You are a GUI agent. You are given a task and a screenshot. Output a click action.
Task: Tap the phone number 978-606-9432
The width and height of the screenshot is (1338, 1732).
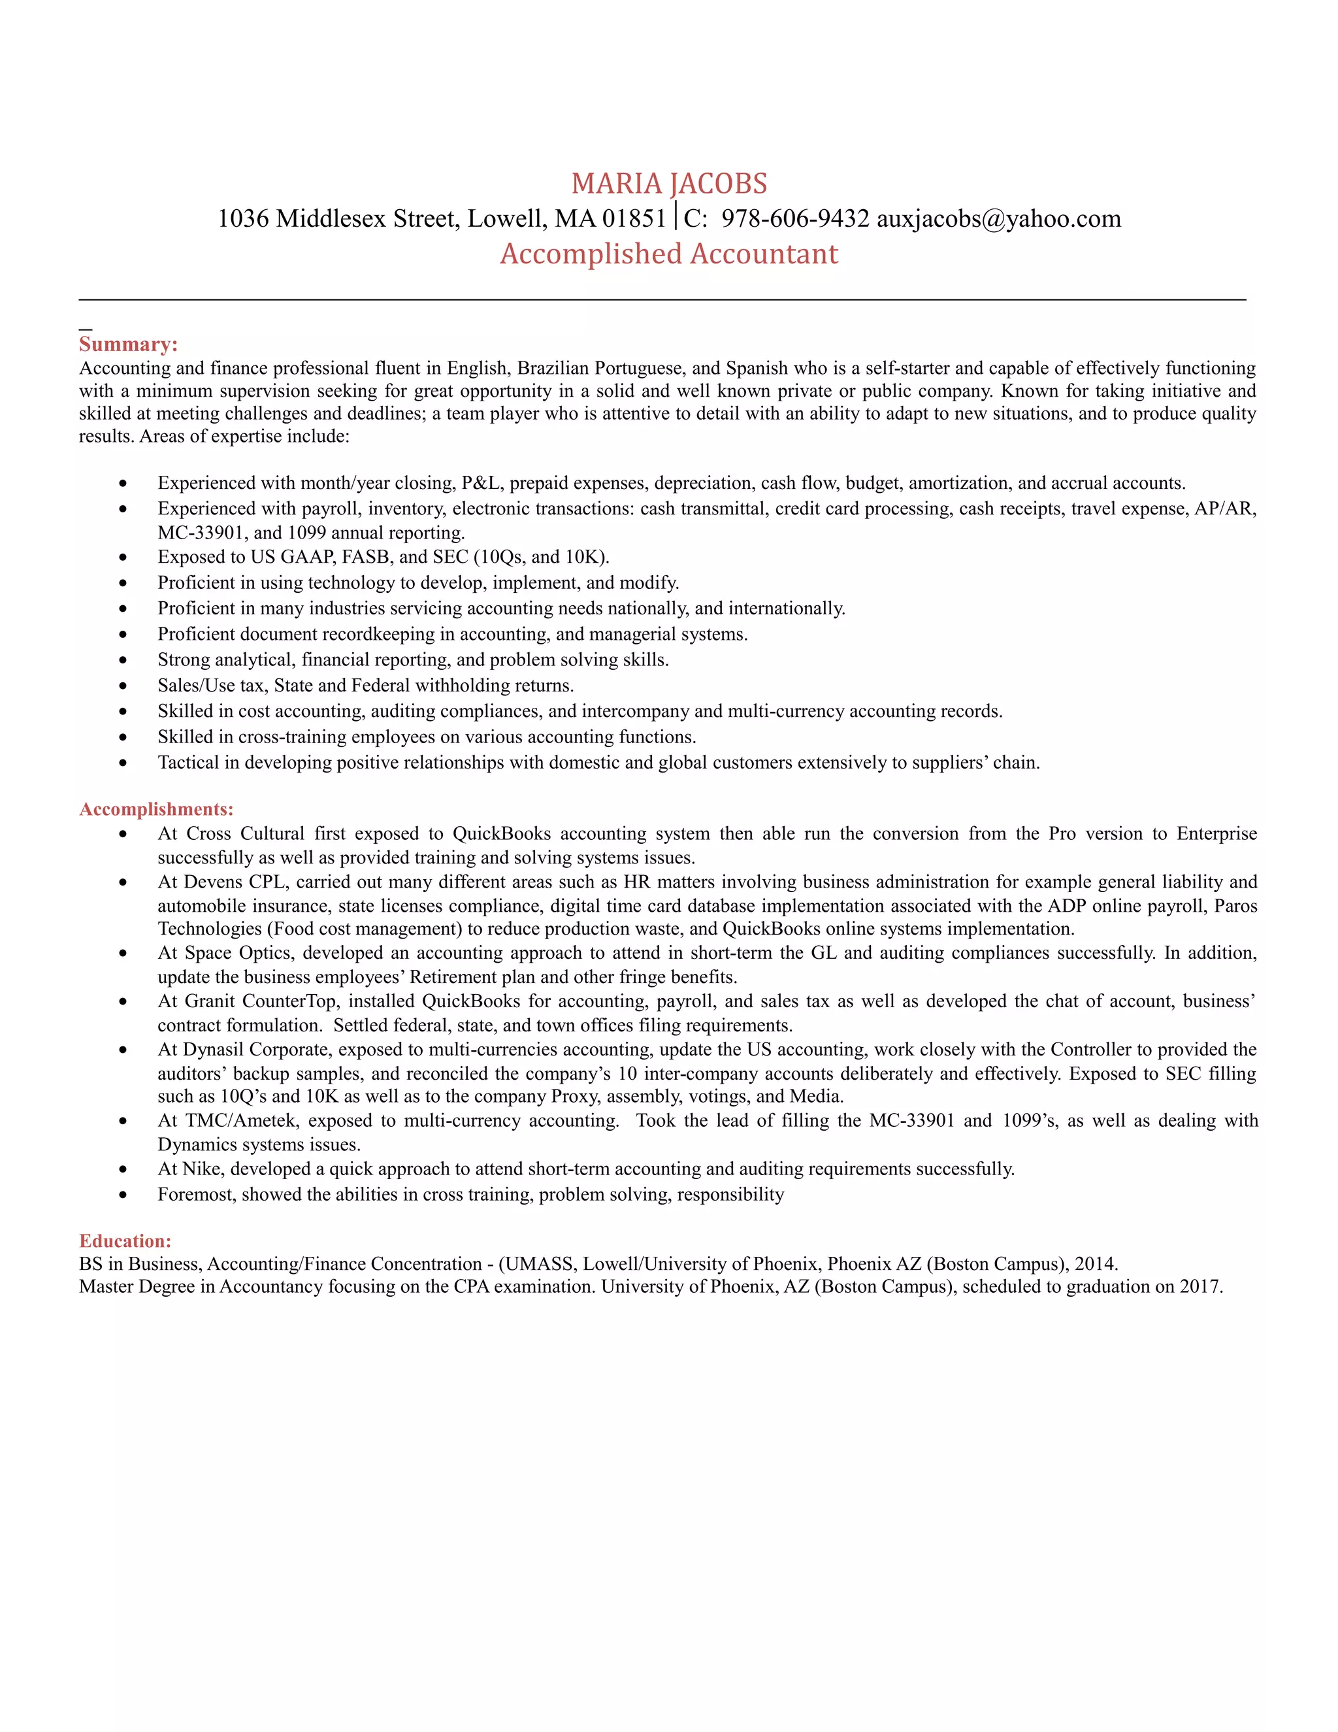pos(794,218)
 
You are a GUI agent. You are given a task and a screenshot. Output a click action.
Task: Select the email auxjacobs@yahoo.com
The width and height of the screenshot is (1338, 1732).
pos(998,218)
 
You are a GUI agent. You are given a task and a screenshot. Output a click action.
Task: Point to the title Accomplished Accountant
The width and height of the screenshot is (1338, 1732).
pos(669,254)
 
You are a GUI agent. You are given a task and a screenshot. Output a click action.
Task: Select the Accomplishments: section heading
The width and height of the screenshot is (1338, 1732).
pos(156,809)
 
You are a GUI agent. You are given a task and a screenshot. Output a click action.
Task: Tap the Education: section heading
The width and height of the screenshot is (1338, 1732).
pos(125,1241)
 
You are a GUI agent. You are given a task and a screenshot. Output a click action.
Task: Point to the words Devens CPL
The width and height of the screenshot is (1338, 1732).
pos(234,882)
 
